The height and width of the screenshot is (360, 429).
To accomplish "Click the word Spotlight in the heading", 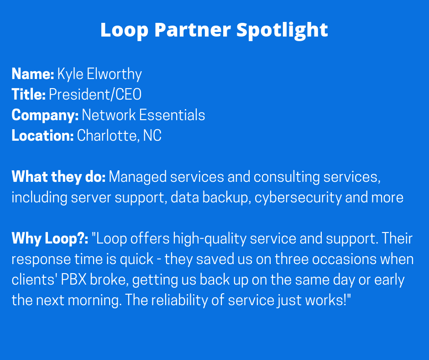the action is point(282,30).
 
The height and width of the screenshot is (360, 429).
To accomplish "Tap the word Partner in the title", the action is point(193,30).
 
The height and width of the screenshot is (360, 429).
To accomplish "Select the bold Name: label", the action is point(33,74).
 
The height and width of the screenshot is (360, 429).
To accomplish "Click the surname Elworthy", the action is point(115,74).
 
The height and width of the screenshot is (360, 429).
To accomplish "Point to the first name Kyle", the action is point(70,74).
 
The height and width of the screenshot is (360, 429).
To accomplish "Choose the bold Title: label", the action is point(28,95).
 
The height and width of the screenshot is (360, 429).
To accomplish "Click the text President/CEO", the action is point(95,95).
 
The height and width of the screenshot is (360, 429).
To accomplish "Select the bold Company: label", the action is point(45,115).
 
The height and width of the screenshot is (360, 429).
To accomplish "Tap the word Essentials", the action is point(172,115).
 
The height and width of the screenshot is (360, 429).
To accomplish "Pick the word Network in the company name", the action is point(109,115).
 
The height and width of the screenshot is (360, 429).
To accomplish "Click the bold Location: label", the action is point(43,136).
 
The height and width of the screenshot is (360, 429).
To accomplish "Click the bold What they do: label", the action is point(58,177).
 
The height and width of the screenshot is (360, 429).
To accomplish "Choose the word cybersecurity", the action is point(298,198).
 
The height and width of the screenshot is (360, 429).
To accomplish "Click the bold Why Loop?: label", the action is point(50,238).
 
